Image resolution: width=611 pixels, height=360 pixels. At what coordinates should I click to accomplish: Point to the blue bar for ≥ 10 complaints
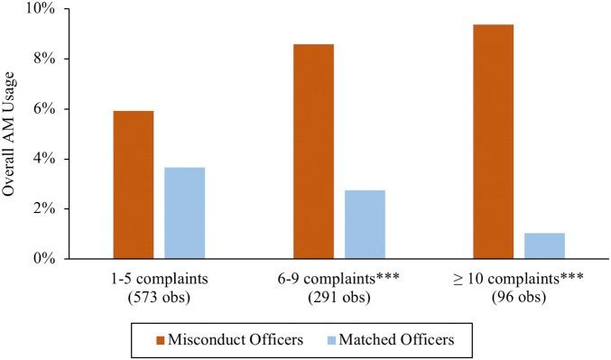click(544, 245)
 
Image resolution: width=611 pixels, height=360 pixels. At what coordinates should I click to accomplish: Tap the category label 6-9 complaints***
click(339, 275)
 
